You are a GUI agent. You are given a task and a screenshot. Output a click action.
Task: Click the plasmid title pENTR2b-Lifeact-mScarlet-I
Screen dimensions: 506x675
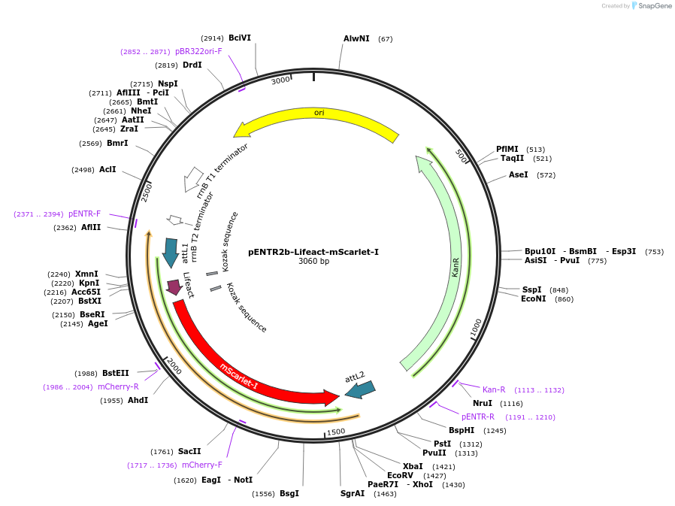(313, 252)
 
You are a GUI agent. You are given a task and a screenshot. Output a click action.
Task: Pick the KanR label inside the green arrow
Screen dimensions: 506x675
(456, 267)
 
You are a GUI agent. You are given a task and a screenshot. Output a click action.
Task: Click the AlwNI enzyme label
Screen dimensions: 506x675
(356, 38)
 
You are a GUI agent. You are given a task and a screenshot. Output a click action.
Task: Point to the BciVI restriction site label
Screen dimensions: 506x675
(240, 38)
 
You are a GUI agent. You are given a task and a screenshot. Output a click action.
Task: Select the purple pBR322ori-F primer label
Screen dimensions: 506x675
(198, 51)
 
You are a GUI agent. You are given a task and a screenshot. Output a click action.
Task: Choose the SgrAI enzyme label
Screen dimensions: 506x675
(352, 493)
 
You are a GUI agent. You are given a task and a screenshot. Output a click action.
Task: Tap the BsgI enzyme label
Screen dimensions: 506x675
(289, 493)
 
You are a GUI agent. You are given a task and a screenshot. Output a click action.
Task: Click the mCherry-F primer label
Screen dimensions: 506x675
(202, 465)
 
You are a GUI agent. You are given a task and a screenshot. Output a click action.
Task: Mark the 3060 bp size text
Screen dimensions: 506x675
(313, 262)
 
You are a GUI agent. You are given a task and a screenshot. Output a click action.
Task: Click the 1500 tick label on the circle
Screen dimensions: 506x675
(335, 432)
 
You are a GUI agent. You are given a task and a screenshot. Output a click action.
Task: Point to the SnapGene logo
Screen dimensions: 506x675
(651, 6)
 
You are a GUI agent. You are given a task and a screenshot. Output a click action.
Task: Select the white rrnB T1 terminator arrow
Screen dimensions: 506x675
(193, 179)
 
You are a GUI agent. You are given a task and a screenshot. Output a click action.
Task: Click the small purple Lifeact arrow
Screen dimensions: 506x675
(174, 286)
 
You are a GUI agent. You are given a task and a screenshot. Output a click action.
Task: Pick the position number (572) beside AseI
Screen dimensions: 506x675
(546, 174)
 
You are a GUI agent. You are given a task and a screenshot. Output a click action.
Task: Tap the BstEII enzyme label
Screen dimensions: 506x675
(116, 373)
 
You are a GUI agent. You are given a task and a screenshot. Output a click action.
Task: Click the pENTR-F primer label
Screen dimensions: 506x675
(84, 214)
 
